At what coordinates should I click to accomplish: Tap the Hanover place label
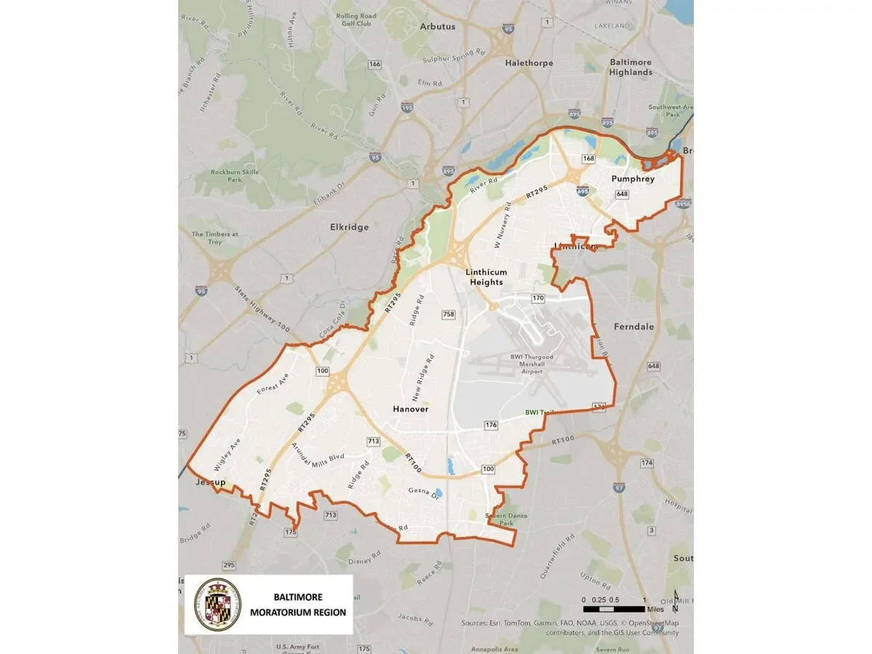point(411,409)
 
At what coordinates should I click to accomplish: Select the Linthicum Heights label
point(486,277)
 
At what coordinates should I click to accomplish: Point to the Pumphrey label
point(633,179)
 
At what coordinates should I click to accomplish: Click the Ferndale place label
point(634,327)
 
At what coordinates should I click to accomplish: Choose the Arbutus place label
point(437,26)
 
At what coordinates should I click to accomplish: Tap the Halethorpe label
point(529,63)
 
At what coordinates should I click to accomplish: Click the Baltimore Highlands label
point(631,67)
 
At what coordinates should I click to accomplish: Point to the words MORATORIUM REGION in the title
point(298,612)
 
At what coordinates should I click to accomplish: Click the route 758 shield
point(448,315)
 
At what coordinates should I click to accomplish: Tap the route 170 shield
point(538,299)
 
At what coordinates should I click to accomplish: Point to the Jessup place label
point(211,483)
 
